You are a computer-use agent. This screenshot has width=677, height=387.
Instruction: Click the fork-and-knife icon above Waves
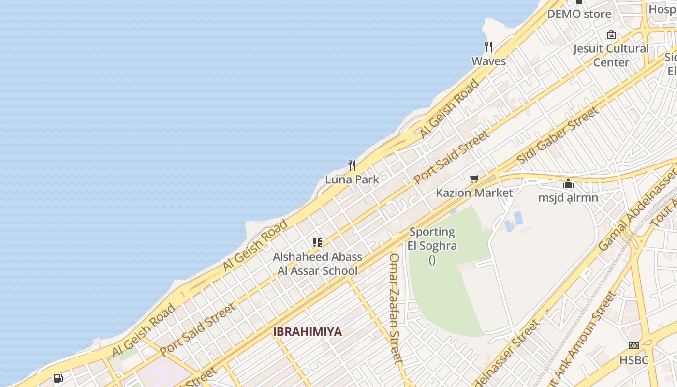point(488,47)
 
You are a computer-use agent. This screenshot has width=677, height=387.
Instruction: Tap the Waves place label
point(488,61)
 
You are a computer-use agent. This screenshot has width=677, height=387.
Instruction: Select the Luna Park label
point(352,179)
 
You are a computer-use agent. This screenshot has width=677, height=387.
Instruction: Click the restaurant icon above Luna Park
point(352,165)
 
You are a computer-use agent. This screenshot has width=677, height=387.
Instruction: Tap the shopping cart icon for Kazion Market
point(474,179)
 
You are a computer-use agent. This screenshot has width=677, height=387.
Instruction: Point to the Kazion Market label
point(474,193)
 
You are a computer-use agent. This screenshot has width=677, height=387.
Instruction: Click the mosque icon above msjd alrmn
point(568,183)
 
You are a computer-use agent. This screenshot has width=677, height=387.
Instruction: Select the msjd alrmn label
point(568,197)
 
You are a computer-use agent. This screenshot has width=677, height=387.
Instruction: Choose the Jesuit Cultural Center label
point(611,55)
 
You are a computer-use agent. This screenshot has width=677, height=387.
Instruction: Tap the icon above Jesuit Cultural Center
point(611,34)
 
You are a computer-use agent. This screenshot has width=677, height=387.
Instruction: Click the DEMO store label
point(579,14)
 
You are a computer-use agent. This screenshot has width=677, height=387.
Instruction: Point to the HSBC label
point(633,360)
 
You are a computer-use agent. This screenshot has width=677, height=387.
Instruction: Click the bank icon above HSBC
point(633,346)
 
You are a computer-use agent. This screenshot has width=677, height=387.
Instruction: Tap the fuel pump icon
point(58,378)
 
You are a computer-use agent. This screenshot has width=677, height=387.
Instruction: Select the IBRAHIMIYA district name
point(308,332)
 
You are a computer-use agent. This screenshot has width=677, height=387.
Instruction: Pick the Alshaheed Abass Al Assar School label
point(317,264)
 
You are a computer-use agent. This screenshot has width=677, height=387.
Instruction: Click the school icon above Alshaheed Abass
point(317,242)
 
